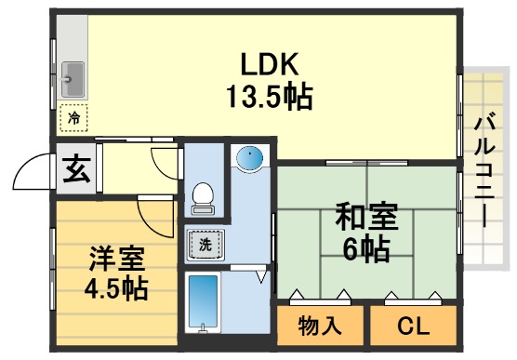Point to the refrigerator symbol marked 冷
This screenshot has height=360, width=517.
pos(73,118)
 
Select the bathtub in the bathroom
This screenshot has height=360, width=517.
pos(202,301)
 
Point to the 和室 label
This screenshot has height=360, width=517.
pos(365,220)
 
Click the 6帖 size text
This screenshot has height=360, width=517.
pos(365,249)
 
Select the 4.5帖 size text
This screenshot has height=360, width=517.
pos(116,287)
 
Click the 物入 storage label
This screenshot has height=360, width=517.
pos(318,326)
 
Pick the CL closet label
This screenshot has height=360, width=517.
pos(412,326)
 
